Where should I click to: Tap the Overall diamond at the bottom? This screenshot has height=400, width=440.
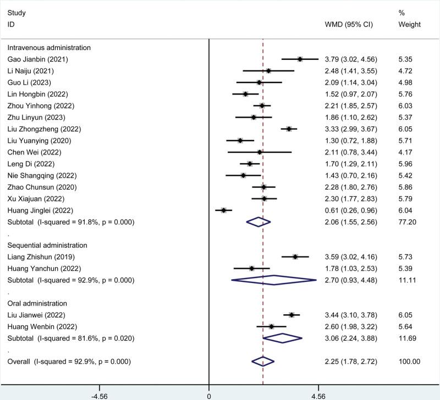(263, 361)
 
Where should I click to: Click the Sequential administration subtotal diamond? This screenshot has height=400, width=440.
(274, 280)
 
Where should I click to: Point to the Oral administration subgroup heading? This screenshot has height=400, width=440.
(37, 303)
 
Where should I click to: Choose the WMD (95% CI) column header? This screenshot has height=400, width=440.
(347, 25)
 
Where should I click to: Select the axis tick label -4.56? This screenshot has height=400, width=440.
(100, 396)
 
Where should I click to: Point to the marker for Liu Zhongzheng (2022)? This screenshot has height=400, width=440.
(289, 129)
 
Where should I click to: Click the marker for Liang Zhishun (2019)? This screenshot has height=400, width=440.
(295, 257)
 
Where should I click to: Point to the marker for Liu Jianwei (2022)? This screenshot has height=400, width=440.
(291, 315)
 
